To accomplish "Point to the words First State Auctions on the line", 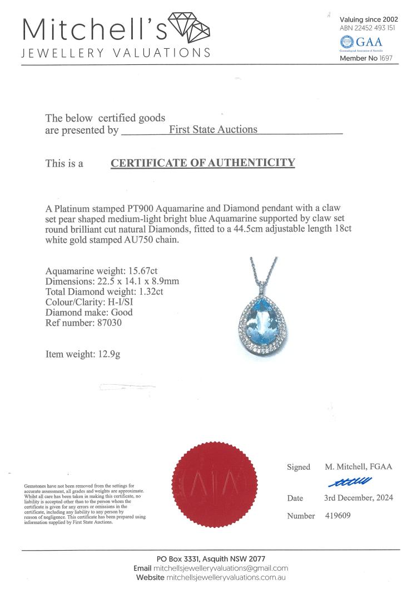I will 213,129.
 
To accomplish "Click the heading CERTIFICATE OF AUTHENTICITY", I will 202,163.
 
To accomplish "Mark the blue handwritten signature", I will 350,481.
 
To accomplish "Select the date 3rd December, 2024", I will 359,498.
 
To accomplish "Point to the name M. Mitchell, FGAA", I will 359,467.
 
